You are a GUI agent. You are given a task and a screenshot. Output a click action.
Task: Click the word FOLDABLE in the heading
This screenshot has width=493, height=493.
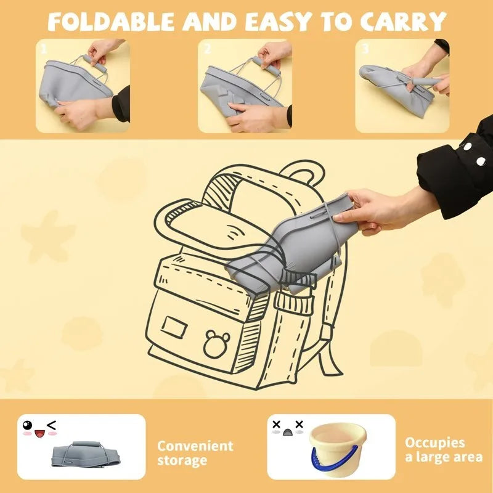click(111, 22)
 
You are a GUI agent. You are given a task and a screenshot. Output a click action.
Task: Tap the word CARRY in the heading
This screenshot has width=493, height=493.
click(404, 22)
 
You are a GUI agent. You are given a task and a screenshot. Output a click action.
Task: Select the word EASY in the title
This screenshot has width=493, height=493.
click(278, 22)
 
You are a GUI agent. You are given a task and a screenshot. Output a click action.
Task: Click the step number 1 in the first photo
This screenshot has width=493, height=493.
click(44, 49)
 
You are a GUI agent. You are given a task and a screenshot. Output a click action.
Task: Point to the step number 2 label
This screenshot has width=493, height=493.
click(207, 49)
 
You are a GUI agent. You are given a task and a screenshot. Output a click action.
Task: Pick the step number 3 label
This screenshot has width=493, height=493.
click(365, 49)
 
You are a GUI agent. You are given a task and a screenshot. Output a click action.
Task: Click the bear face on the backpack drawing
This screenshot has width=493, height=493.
click(216, 344)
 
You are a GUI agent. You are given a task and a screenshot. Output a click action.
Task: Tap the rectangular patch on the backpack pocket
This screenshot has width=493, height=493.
click(174, 327)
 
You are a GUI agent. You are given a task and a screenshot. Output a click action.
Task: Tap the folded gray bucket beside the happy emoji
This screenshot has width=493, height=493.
click(86, 454)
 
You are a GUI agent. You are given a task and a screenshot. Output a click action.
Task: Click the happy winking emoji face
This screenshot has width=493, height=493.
click(39, 428)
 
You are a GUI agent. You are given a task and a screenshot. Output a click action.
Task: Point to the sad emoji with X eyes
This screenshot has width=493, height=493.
click(288, 428)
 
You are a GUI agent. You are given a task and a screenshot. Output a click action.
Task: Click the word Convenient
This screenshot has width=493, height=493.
click(195, 446)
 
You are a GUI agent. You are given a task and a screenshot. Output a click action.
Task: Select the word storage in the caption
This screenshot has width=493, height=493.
click(182, 460)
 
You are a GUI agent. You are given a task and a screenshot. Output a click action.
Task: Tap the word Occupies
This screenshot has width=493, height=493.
click(434, 442)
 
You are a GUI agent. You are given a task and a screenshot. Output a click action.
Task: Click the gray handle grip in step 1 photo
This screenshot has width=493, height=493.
click(95, 63)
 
